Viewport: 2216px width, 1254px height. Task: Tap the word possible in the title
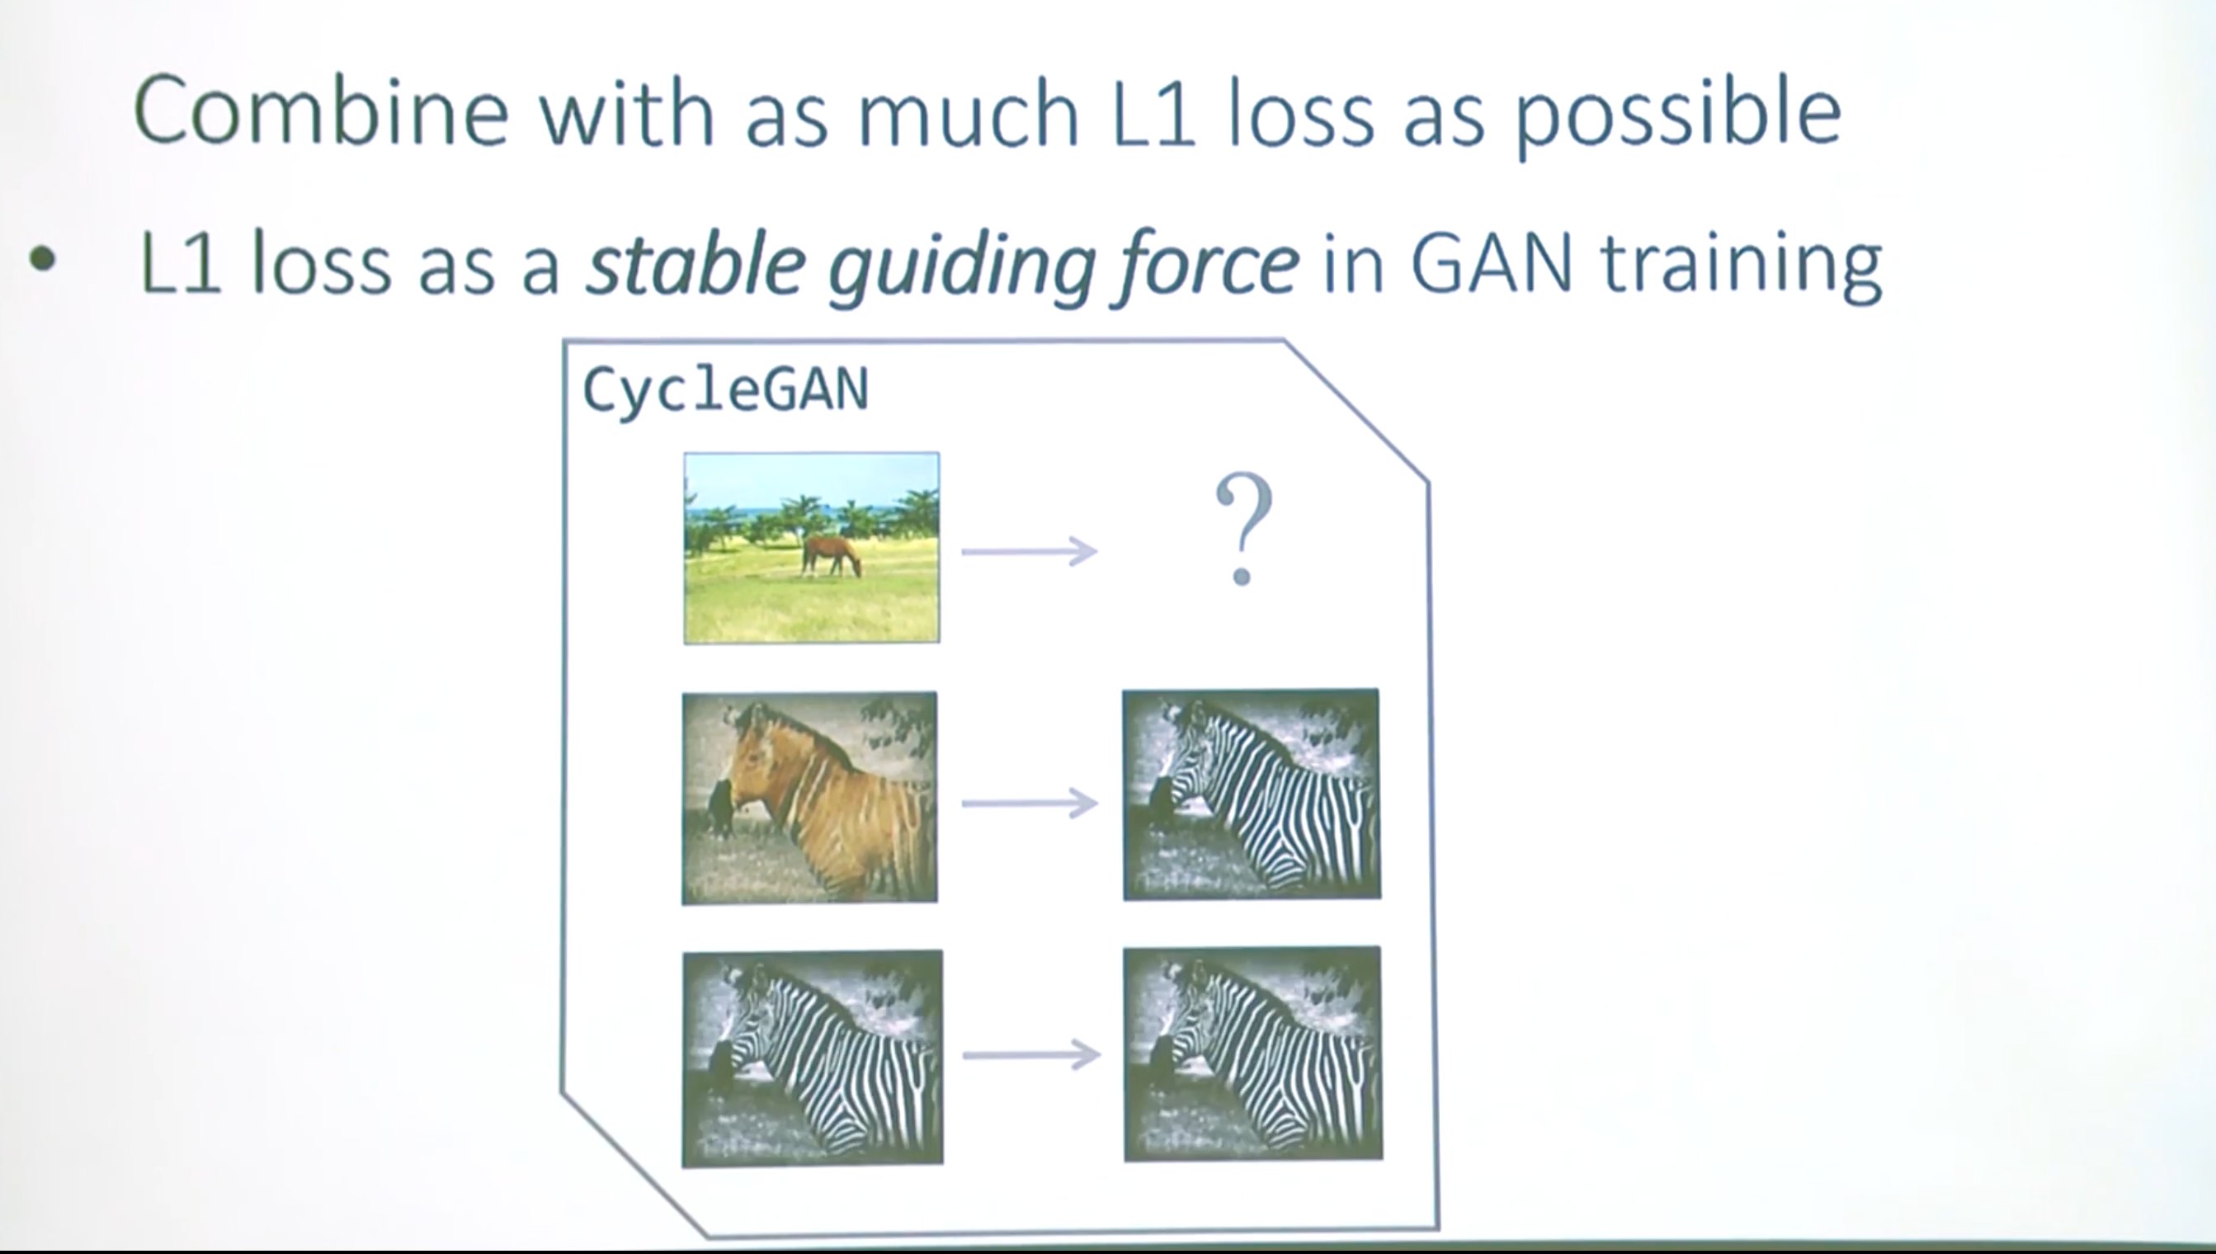pos(1678,116)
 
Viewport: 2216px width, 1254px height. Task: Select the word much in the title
pos(969,111)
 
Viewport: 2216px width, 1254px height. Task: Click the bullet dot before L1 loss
pos(42,259)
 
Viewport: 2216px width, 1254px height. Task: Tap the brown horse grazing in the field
pos(832,555)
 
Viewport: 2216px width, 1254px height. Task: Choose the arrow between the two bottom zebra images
pos(1031,1054)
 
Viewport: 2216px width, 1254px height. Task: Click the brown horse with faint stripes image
pos(809,798)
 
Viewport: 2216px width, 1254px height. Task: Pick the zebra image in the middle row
pos(1252,794)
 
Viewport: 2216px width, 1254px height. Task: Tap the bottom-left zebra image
pos(812,1058)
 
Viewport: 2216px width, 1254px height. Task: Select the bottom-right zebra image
pos(1253,1054)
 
